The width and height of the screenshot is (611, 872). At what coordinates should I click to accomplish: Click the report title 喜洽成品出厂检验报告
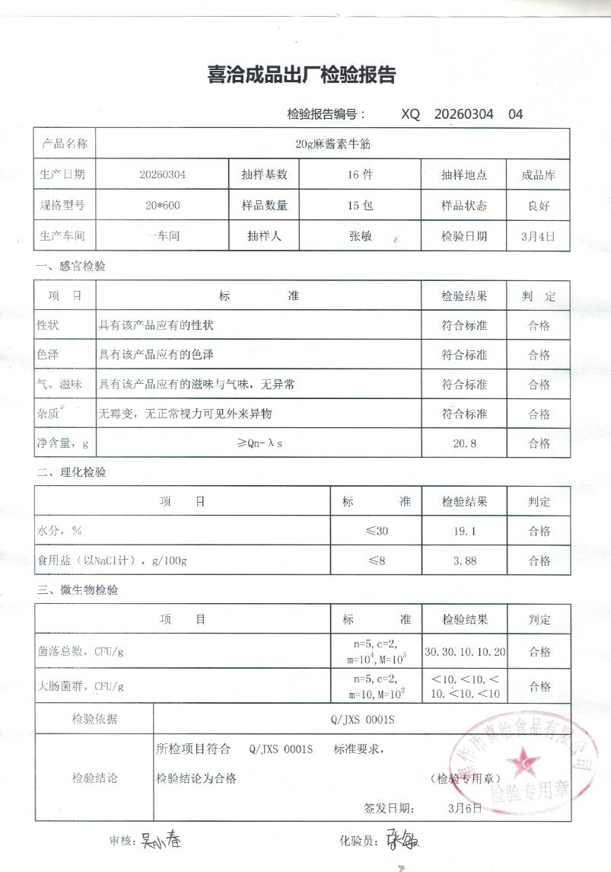tap(301, 75)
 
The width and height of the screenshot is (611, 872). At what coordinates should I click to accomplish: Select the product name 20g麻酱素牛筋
tap(333, 143)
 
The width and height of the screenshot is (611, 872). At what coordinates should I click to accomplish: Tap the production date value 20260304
tap(162, 174)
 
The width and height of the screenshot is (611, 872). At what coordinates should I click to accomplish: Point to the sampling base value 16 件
tap(360, 174)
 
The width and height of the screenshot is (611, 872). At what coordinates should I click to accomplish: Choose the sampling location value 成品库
tap(539, 174)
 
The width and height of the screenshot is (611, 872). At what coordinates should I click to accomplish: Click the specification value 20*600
tap(162, 205)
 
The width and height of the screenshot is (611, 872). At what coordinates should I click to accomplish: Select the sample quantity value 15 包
tap(360, 205)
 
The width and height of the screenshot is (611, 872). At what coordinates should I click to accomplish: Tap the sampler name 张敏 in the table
tap(360, 236)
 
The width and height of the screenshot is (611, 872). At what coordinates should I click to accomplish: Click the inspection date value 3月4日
tap(539, 236)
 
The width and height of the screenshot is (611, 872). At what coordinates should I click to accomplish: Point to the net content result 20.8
tap(464, 443)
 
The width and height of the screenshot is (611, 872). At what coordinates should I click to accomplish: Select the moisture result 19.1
tap(464, 531)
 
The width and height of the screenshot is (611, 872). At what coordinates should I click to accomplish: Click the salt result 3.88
tap(464, 561)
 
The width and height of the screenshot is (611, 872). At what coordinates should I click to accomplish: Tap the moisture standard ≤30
tap(377, 531)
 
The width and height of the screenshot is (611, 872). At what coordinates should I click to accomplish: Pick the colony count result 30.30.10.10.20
tap(466, 652)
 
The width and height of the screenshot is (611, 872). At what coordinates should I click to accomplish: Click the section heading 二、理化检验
tap(72, 472)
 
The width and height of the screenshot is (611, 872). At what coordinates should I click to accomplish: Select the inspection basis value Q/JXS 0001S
tap(361, 719)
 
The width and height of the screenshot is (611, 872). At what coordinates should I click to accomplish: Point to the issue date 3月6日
tap(466, 808)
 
